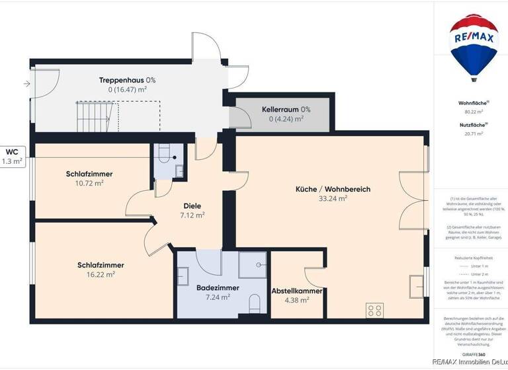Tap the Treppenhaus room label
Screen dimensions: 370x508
(128, 80)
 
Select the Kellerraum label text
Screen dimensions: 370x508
(286, 110)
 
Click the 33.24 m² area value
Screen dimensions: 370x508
(333, 198)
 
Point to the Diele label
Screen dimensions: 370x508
(192, 205)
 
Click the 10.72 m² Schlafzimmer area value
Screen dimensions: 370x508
(89, 183)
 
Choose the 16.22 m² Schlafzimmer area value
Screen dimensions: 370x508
(101, 274)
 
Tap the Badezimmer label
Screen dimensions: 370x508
(217, 287)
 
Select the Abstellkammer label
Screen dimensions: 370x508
(297, 291)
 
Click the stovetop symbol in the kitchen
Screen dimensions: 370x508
(374, 309)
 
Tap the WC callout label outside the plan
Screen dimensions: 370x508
(13, 151)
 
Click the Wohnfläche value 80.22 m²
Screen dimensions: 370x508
(473, 112)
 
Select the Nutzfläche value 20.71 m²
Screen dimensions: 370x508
(473, 133)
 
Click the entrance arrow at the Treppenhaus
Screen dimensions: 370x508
(26, 84)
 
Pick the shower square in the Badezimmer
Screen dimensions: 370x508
(252, 263)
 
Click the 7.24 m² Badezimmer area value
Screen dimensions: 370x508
(217, 297)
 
